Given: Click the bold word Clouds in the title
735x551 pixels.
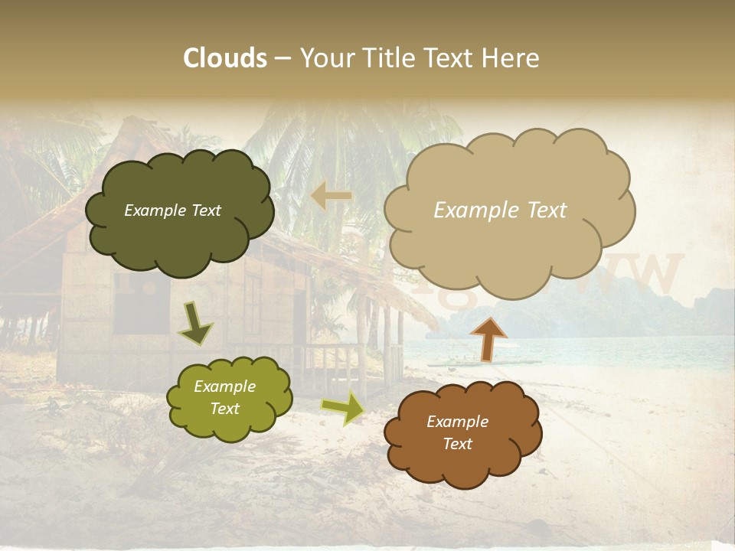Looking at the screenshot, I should click(225, 58).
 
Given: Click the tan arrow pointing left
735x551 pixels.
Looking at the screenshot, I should click(331, 196).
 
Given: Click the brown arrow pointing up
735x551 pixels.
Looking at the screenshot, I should click(488, 338).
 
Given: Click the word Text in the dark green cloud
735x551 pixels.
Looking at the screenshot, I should click(204, 210).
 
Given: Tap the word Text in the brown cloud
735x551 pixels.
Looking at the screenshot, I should click(457, 444).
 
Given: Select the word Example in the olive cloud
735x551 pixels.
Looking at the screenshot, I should click(224, 386).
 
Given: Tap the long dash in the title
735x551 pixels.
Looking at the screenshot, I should click(283, 58).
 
